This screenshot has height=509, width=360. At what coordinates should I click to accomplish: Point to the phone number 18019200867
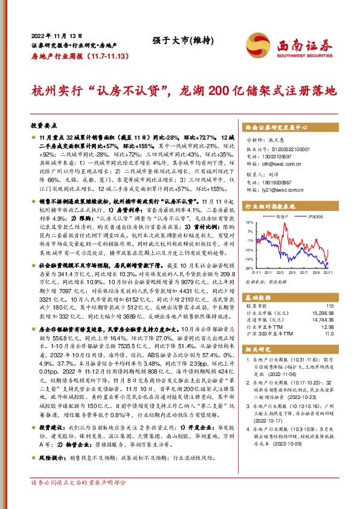pos(279,182)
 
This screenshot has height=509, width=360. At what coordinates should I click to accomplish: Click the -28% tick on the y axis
pos(249,268)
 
